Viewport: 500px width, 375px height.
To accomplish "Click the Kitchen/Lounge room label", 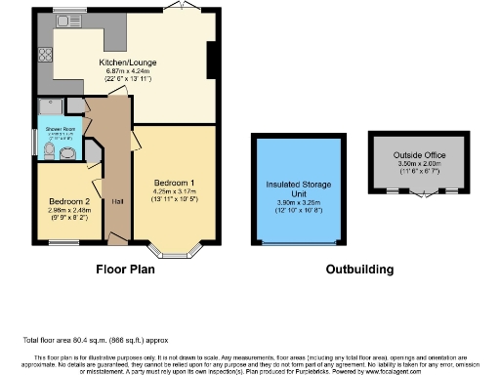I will tap(128, 63).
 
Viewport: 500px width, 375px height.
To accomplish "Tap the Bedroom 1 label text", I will tap(174, 183).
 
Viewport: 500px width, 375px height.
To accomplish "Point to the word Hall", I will tap(116, 201).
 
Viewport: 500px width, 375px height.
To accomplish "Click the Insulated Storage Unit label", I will tap(300, 187).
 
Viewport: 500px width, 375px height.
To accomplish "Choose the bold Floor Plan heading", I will tap(127, 269).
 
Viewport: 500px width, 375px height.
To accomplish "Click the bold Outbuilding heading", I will tap(359, 269).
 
